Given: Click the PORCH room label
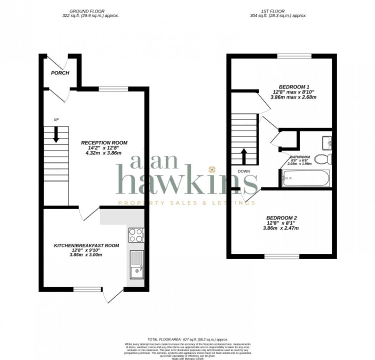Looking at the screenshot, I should [x=60, y=73].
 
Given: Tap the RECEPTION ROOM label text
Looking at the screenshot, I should [x=104, y=143].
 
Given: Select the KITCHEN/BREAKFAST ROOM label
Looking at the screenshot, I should [x=86, y=245].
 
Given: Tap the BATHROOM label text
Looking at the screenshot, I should [x=300, y=157].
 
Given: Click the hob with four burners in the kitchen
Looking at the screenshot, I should [x=136, y=235].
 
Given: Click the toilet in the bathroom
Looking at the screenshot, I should [x=323, y=159].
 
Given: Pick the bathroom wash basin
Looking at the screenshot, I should [x=327, y=142].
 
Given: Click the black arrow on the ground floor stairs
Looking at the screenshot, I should [x=56, y=135].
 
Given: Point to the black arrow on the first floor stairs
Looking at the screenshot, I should [x=243, y=156].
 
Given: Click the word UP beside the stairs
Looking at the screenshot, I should [x=56, y=120].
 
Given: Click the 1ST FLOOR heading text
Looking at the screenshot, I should [x=278, y=11].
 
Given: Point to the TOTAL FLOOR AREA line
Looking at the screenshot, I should [x=187, y=340].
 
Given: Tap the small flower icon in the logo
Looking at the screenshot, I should [x=211, y=169].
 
